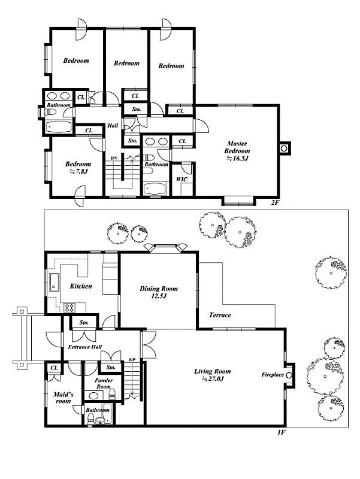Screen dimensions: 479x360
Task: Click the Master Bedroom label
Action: coord(237,151)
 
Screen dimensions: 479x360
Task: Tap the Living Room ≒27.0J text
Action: coord(212,375)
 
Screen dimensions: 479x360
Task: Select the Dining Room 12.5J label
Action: coord(158,292)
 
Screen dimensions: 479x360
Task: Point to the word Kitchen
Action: coord(81,286)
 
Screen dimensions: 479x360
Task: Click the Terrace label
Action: coord(220,315)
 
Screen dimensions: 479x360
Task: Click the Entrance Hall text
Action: coord(84,347)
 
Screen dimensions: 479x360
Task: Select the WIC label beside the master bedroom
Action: coord(180,179)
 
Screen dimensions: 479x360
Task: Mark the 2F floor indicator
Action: coord(275,202)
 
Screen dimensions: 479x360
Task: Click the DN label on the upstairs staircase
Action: coord(113,158)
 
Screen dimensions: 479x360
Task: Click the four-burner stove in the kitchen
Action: coord(69,308)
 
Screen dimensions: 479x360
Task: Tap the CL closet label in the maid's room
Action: coord(54,368)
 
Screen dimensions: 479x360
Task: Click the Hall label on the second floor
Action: coord(113,126)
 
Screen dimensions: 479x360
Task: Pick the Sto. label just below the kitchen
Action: coord(84,323)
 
